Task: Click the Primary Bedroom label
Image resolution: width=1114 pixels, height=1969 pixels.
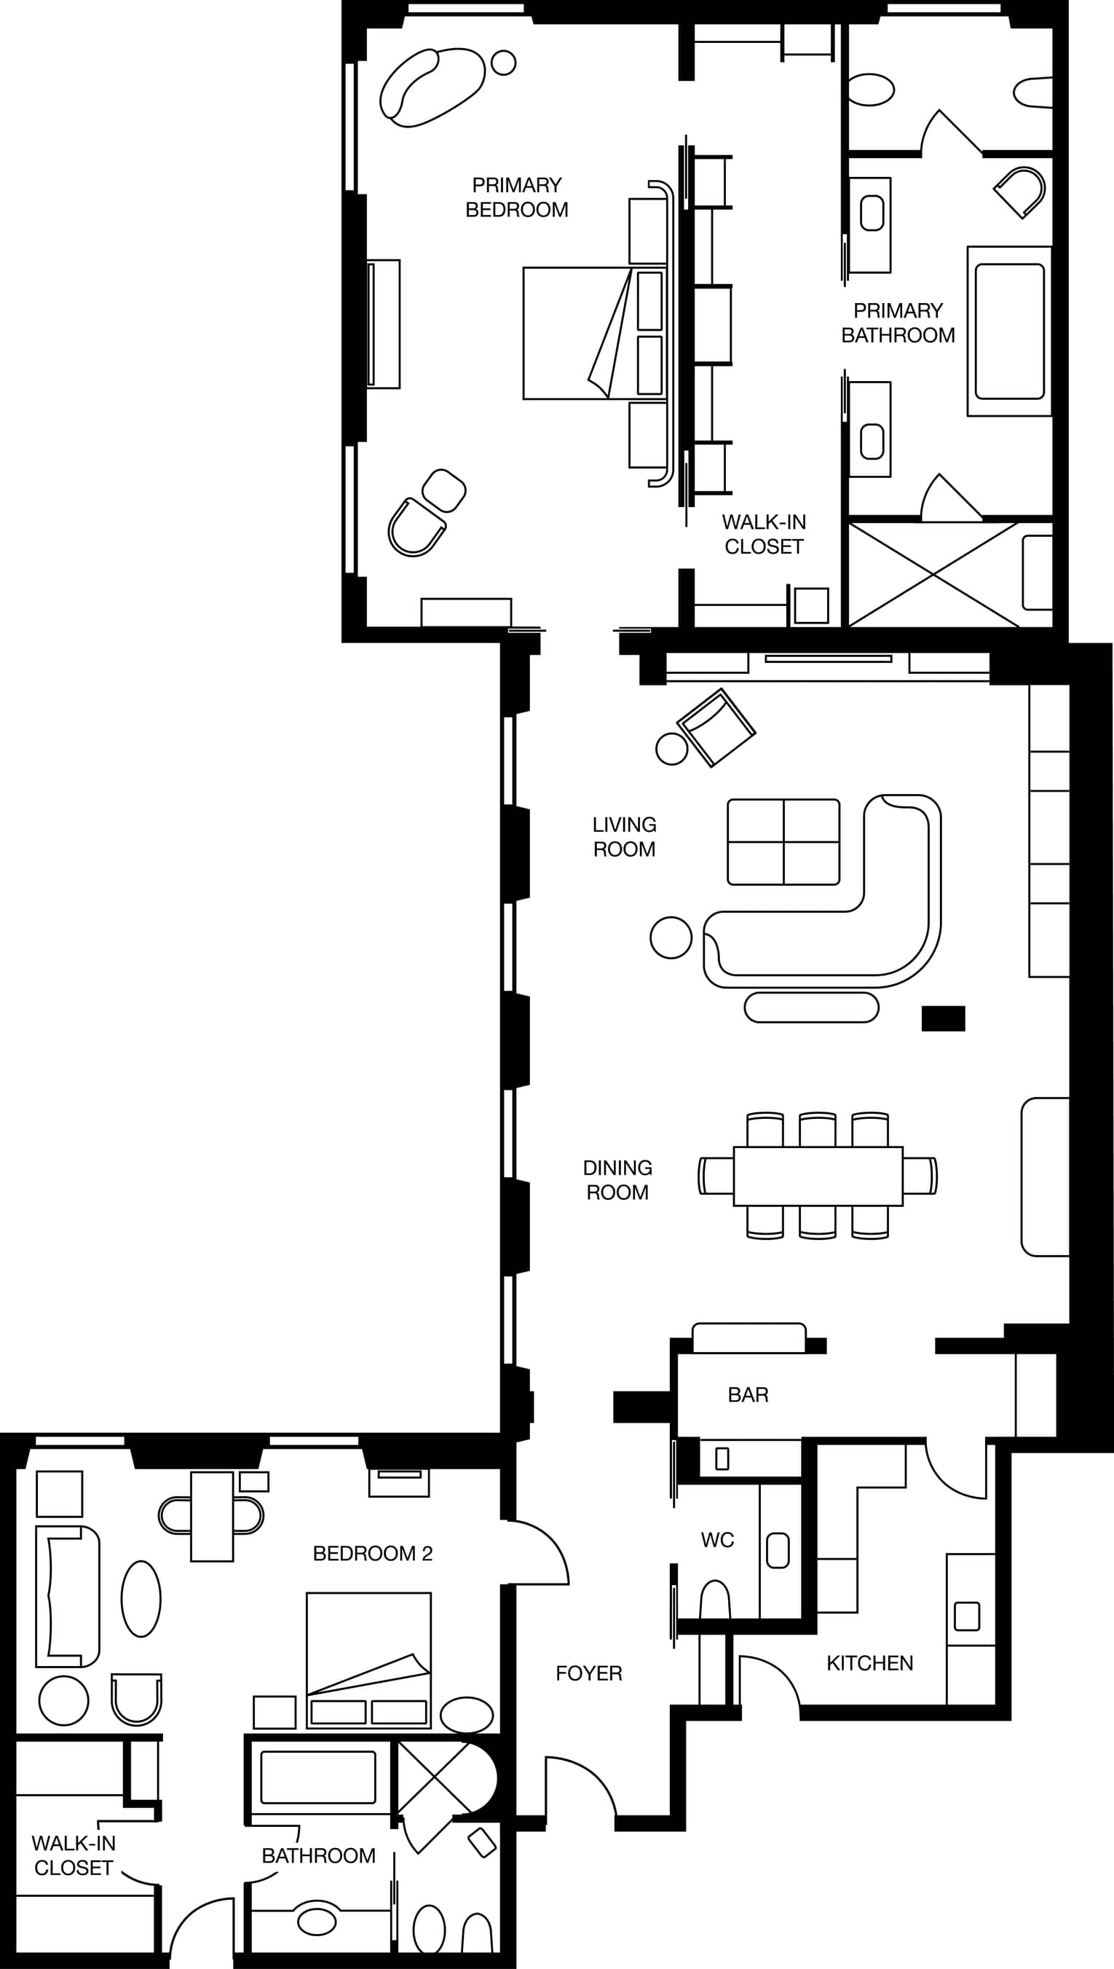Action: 516,197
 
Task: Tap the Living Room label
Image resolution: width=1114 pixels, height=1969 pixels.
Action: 624,836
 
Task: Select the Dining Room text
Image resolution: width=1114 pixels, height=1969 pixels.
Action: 617,1180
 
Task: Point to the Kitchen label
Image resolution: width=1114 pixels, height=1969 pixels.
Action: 870,1663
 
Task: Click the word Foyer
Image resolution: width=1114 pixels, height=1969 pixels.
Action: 588,1673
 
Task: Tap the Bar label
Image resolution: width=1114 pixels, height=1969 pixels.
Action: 748,1395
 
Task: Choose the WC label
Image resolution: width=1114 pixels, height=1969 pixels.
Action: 718,1541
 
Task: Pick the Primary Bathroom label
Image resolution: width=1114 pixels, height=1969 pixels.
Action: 898,323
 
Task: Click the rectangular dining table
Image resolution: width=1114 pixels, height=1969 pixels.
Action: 818,1176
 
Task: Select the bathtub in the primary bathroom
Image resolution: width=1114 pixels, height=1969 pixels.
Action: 1009,331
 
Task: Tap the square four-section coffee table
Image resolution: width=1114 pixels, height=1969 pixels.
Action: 783,842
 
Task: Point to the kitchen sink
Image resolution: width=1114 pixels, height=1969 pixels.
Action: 967,1616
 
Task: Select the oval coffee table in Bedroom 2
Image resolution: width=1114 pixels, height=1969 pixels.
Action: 141,1599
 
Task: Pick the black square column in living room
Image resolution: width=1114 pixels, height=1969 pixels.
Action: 944,1018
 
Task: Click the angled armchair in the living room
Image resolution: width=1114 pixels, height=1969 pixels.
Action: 716,727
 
